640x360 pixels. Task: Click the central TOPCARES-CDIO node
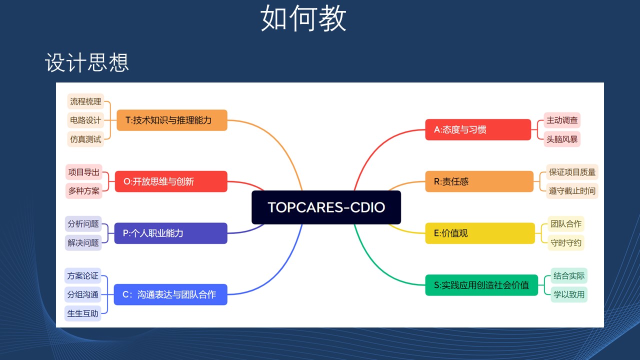click(x=326, y=207)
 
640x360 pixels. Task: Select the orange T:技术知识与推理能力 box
click(x=172, y=120)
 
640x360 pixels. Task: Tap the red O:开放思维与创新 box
click(x=171, y=181)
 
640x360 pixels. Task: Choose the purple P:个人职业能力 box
click(x=170, y=233)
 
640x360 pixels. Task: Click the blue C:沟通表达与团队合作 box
click(x=170, y=294)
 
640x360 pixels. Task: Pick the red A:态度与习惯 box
click(x=478, y=129)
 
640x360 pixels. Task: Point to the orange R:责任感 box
click(x=479, y=181)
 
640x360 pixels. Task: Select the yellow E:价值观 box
click(x=480, y=233)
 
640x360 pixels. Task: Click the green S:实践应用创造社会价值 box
click(x=481, y=285)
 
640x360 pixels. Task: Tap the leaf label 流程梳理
click(x=85, y=101)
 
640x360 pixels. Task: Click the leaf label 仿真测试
click(x=85, y=139)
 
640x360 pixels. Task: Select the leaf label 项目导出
click(x=83, y=172)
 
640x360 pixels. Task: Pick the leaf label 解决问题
click(x=83, y=242)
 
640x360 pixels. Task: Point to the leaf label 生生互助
click(x=82, y=313)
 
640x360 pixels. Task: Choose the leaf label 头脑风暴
click(x=562, y=139)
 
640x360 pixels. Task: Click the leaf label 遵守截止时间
click(x=572, y=191)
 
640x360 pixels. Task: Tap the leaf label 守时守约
click(x=565, y=242)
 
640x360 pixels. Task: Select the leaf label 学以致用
click(x=569, y=294)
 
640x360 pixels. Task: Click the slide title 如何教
click(x=303, y=18)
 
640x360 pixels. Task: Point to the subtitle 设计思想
click(x=87, y=62)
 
